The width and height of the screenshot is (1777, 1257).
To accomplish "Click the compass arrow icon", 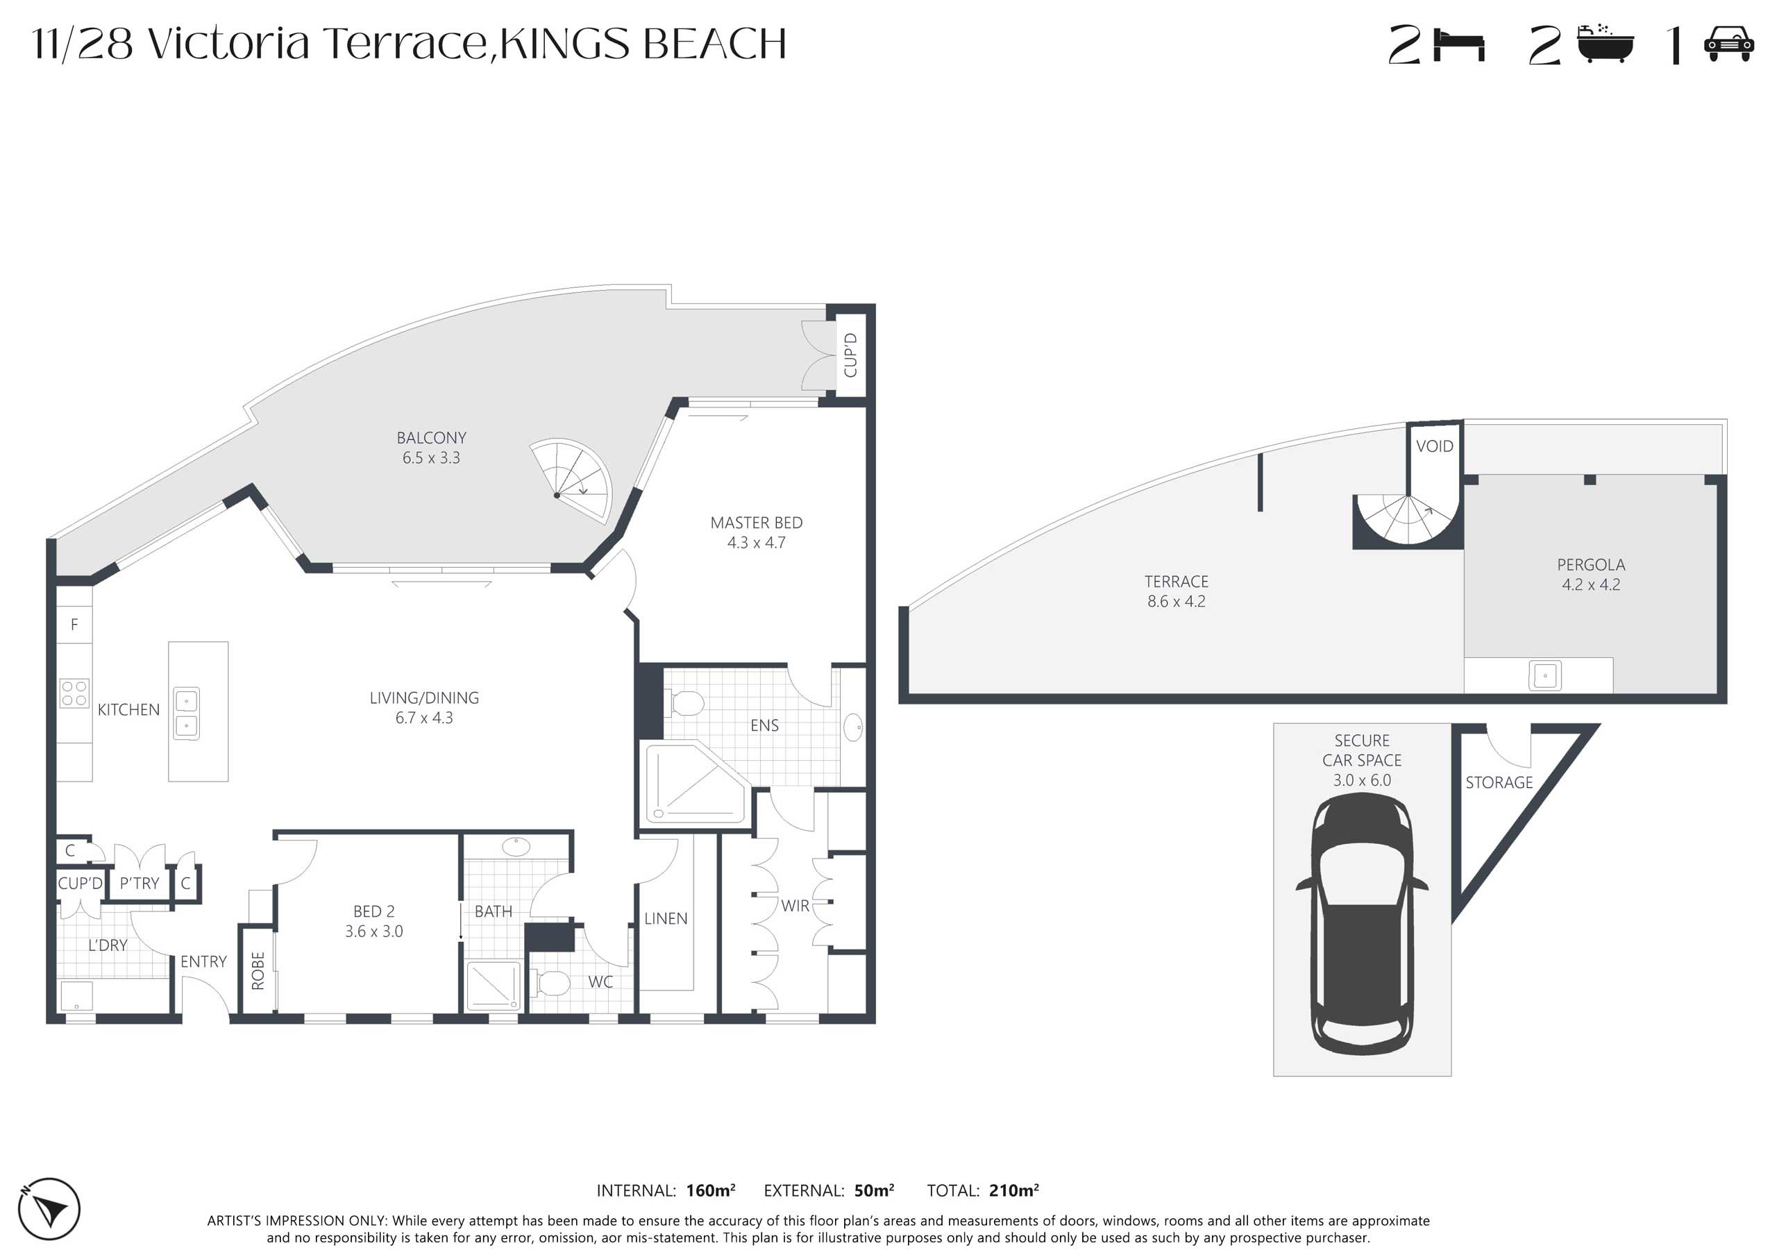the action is coord(49,1208).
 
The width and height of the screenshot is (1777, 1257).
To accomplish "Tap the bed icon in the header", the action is coord(1459,46).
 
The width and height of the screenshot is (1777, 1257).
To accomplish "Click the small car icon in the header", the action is coord(1728,44).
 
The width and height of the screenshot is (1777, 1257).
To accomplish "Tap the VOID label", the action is coord(1434,446).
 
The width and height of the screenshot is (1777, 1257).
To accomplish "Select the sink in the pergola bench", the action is coord(1545,676).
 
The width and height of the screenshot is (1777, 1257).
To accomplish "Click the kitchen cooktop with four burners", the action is coord(74,693).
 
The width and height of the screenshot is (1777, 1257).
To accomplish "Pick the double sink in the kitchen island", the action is coord(186,714).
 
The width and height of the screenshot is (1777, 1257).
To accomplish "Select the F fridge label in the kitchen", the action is coord(74,625).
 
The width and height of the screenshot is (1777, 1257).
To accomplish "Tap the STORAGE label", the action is coord(1499,782).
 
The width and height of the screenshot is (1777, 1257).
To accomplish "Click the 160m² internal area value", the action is coord(711,1190).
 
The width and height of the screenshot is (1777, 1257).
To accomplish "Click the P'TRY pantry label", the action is coord(140,883).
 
